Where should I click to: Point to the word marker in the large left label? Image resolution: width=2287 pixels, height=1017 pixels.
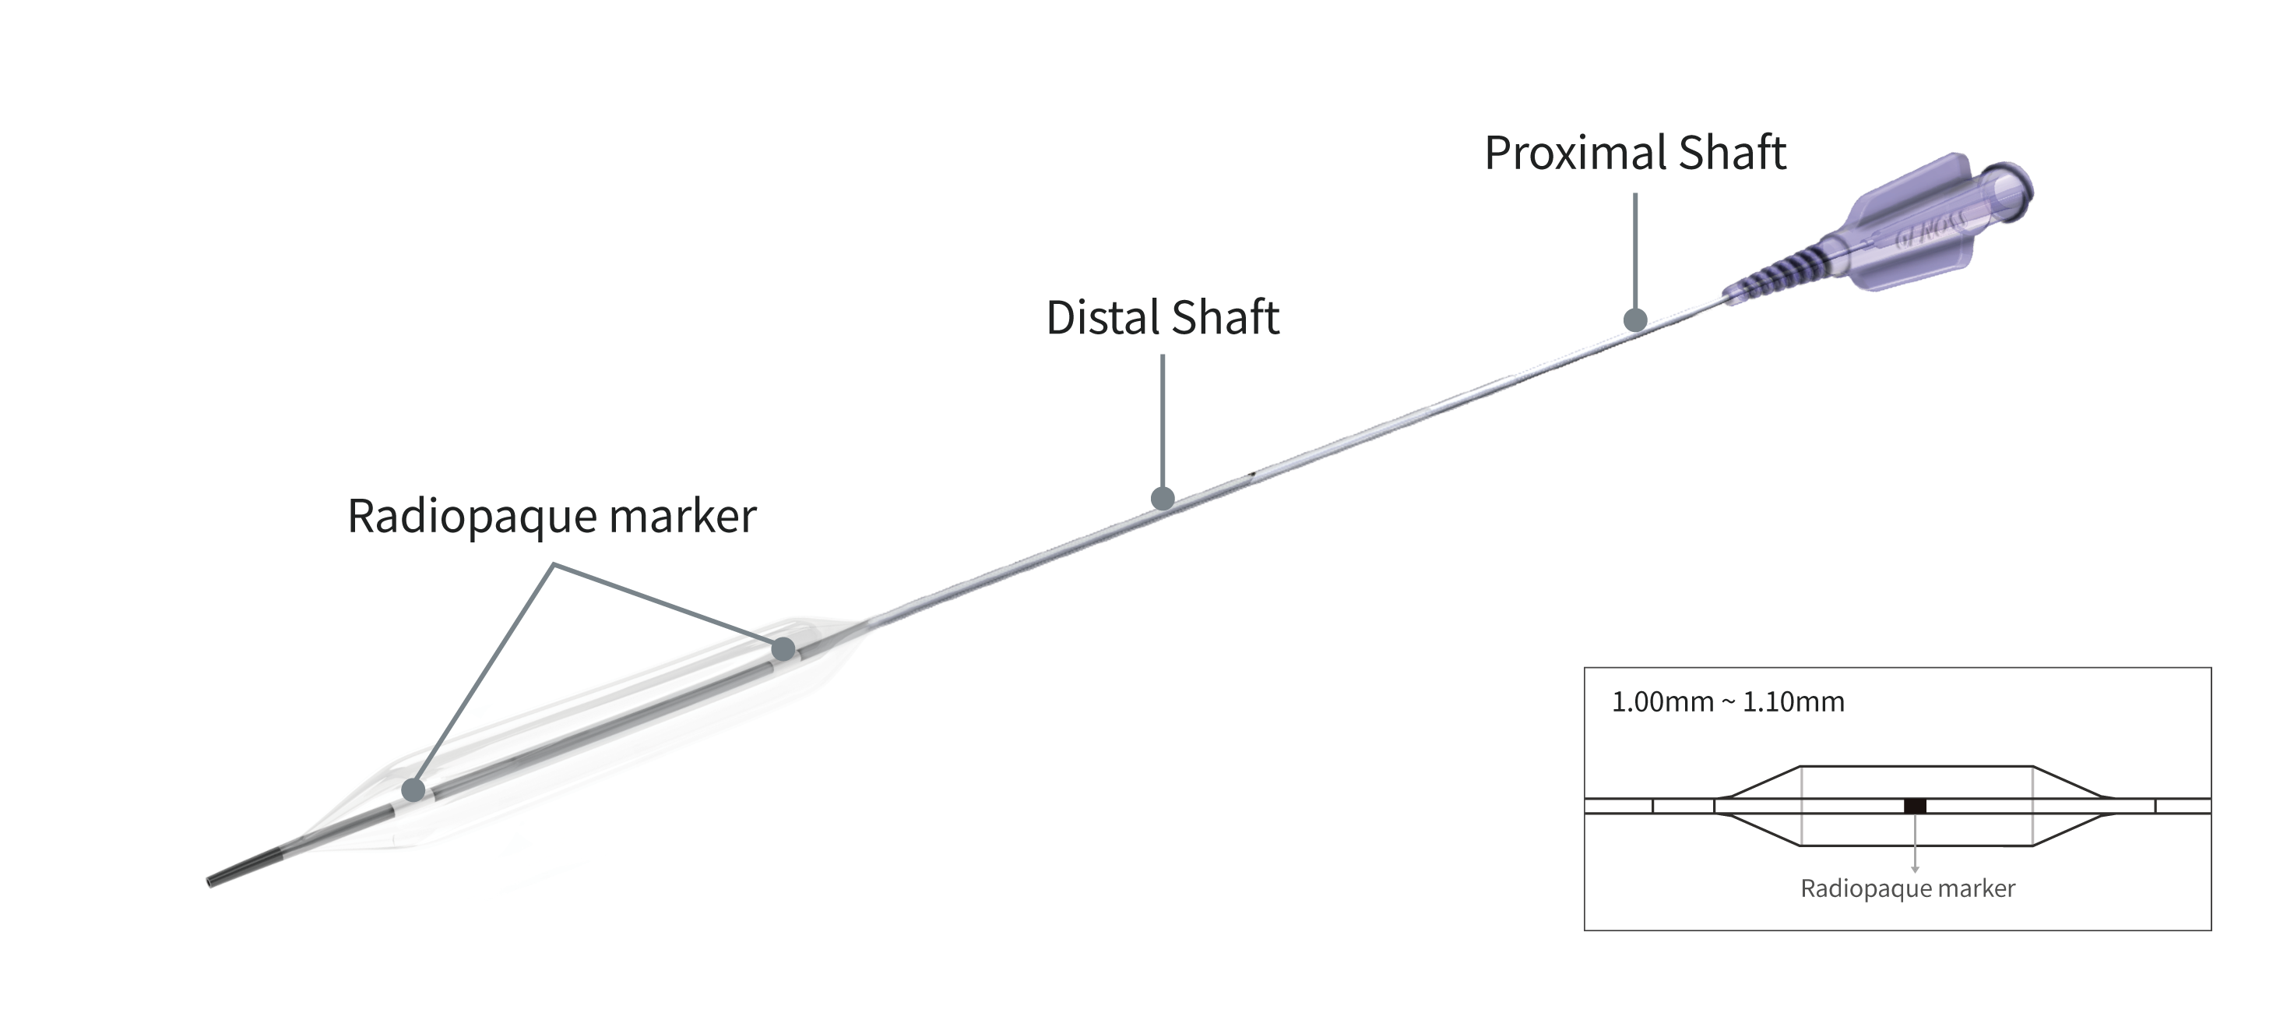pyautogui.click(x=682, y=517)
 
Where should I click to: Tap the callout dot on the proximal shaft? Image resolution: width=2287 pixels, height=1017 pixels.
pyautogui.click(x=1635, y=320)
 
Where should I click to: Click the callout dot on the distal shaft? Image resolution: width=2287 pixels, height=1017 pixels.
pyautogui.click(x=1162, y=498)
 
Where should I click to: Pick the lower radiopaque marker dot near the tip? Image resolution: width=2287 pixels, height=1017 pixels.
pyautogui.click(x=413, y=789)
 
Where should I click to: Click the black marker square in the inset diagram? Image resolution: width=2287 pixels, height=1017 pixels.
pyautogui.click(x=1915, y=807)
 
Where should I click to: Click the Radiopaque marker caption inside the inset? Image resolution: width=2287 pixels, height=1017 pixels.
pyautogui.click(x=1907, y=889)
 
